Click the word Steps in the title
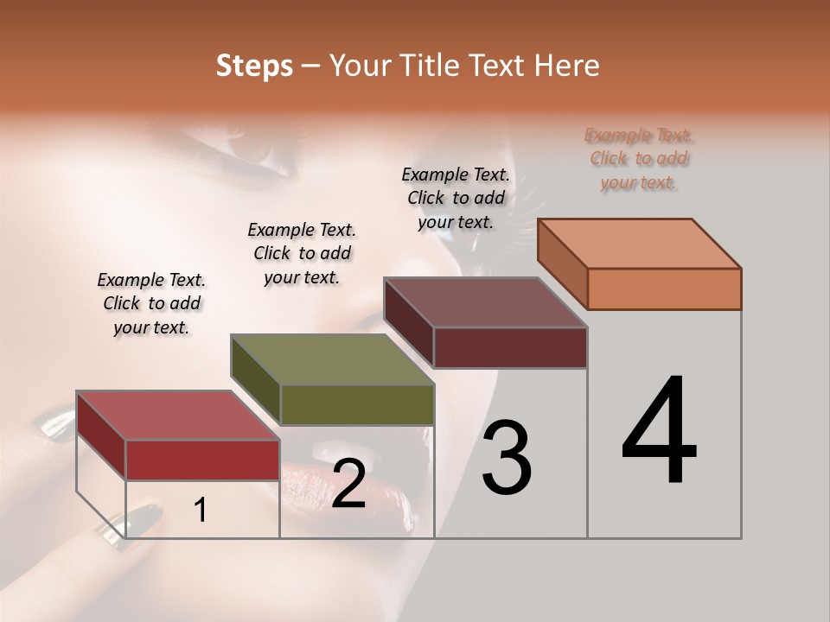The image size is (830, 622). [x=254, y=66]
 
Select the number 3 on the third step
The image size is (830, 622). [x=507, y=458]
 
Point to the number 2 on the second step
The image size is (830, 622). [x=348, y=485]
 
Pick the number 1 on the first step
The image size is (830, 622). [x=201, y=511]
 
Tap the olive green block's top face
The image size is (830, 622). [x=332, y=359]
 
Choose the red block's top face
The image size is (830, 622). [x=178, y=416]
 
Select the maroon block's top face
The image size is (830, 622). [x=486, y=302]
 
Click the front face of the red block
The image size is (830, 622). [x=202, y=460]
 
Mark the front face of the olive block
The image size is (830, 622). [x=357, y=404]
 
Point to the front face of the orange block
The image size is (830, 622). [x=664, y=289]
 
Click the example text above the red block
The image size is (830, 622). [x=151, y=303]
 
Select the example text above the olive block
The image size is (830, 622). [x=302, y=253]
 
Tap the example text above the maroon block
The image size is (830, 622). [x=456, y=198]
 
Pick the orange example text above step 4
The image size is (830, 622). [x=639, y=158]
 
